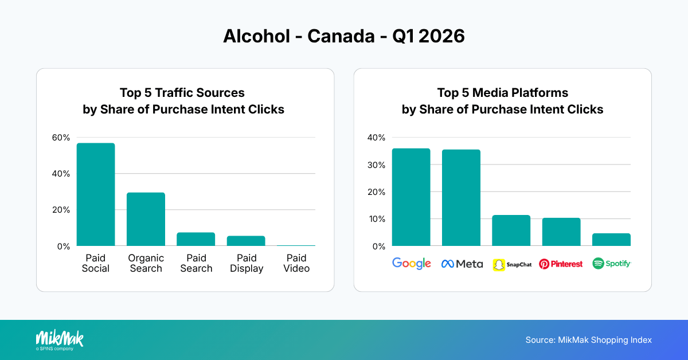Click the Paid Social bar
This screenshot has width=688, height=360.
coord(96,194)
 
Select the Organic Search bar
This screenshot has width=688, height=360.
coord(146,219)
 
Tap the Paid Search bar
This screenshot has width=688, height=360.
coord(196,239)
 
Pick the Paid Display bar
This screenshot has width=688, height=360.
coord(246,241)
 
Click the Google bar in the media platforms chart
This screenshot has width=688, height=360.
coord(411,197)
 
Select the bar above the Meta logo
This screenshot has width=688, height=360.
coord(461,198)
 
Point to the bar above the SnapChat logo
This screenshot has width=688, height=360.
coord(511,230)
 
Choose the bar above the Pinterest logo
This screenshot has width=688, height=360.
coord(561,232)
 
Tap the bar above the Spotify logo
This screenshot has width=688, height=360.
coord(611,240)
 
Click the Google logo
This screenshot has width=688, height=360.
coord(411,264)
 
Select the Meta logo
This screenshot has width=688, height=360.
coord(462,264)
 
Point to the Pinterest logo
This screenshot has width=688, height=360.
coord(561,264)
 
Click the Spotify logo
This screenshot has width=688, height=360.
coord(611,264)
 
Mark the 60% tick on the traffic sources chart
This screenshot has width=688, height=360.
coord(61,138)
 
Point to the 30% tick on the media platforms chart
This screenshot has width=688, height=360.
coord(377,165)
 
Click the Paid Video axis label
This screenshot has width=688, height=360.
coord(296,263)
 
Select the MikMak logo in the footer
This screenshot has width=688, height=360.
coord(60,339)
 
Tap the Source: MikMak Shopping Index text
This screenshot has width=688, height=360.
coord(588,340)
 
